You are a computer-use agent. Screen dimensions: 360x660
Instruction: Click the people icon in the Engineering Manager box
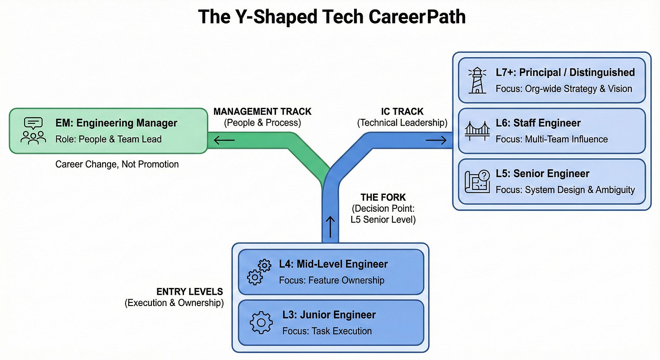(x=34, y=131)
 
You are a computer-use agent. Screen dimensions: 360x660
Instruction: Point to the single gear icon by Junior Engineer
(x=262, y=323)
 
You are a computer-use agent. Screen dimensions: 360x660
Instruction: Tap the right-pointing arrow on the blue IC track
(x=436, y=141)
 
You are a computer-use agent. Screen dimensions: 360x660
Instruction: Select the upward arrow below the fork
(x=330, y=227)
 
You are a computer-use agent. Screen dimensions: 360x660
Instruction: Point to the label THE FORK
(x=383, y=197)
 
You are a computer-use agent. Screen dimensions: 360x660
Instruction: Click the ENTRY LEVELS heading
(x=189, y=292)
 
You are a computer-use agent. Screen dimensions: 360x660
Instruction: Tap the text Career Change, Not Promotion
(x=117, y=164)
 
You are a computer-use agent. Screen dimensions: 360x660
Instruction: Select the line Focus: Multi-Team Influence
(x=552, y=139)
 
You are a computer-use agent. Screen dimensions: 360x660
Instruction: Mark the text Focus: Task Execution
(x=327, y=331)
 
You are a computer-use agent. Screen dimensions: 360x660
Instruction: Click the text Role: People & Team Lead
(x=108, y=139)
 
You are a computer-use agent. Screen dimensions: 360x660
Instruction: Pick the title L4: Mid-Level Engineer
(x=334, y=264)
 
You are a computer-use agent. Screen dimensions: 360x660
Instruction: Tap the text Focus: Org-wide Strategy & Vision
(x=564, y=88)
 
